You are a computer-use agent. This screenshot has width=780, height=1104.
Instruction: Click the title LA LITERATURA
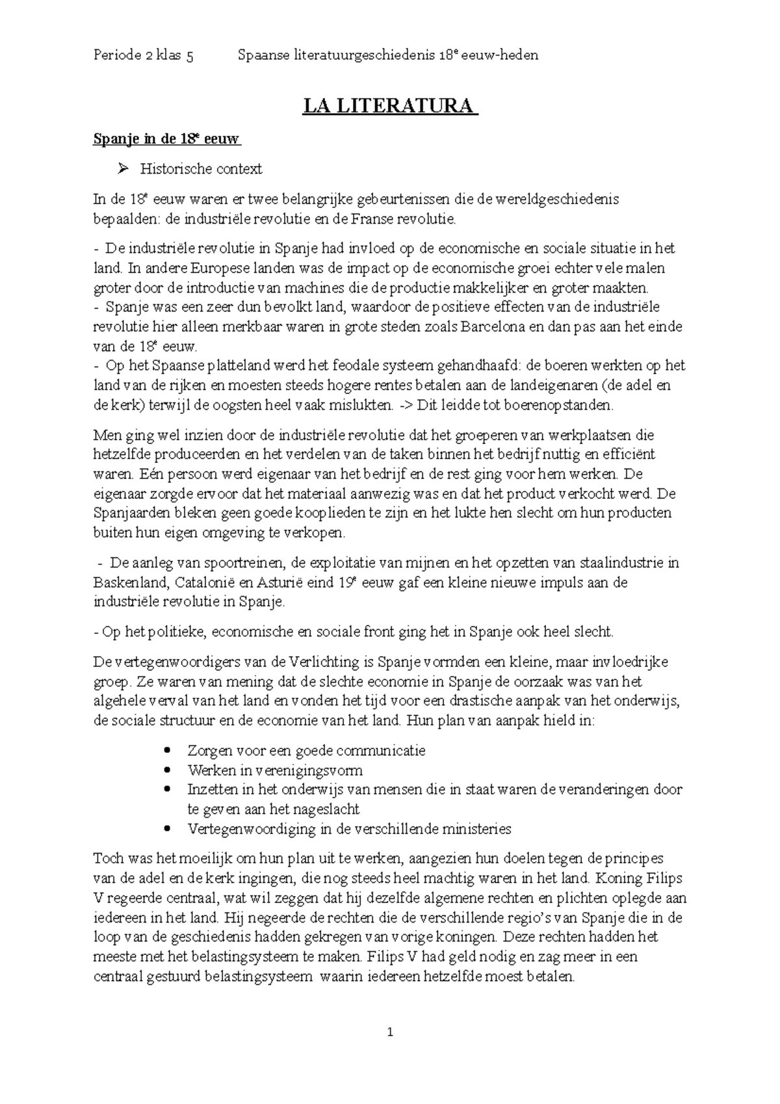(x=389, y=106)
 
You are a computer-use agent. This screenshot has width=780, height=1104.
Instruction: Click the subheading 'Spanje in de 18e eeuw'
(x=167, y=139)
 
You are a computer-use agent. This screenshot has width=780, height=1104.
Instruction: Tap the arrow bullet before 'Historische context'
(x=122, y=170)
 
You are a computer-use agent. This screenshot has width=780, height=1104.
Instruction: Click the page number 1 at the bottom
(x=389, y=1032)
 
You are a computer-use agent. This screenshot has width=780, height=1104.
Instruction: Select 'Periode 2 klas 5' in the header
(x=143, y=55)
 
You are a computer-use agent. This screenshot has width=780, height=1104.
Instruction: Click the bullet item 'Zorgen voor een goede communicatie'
(x=306, y=751)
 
